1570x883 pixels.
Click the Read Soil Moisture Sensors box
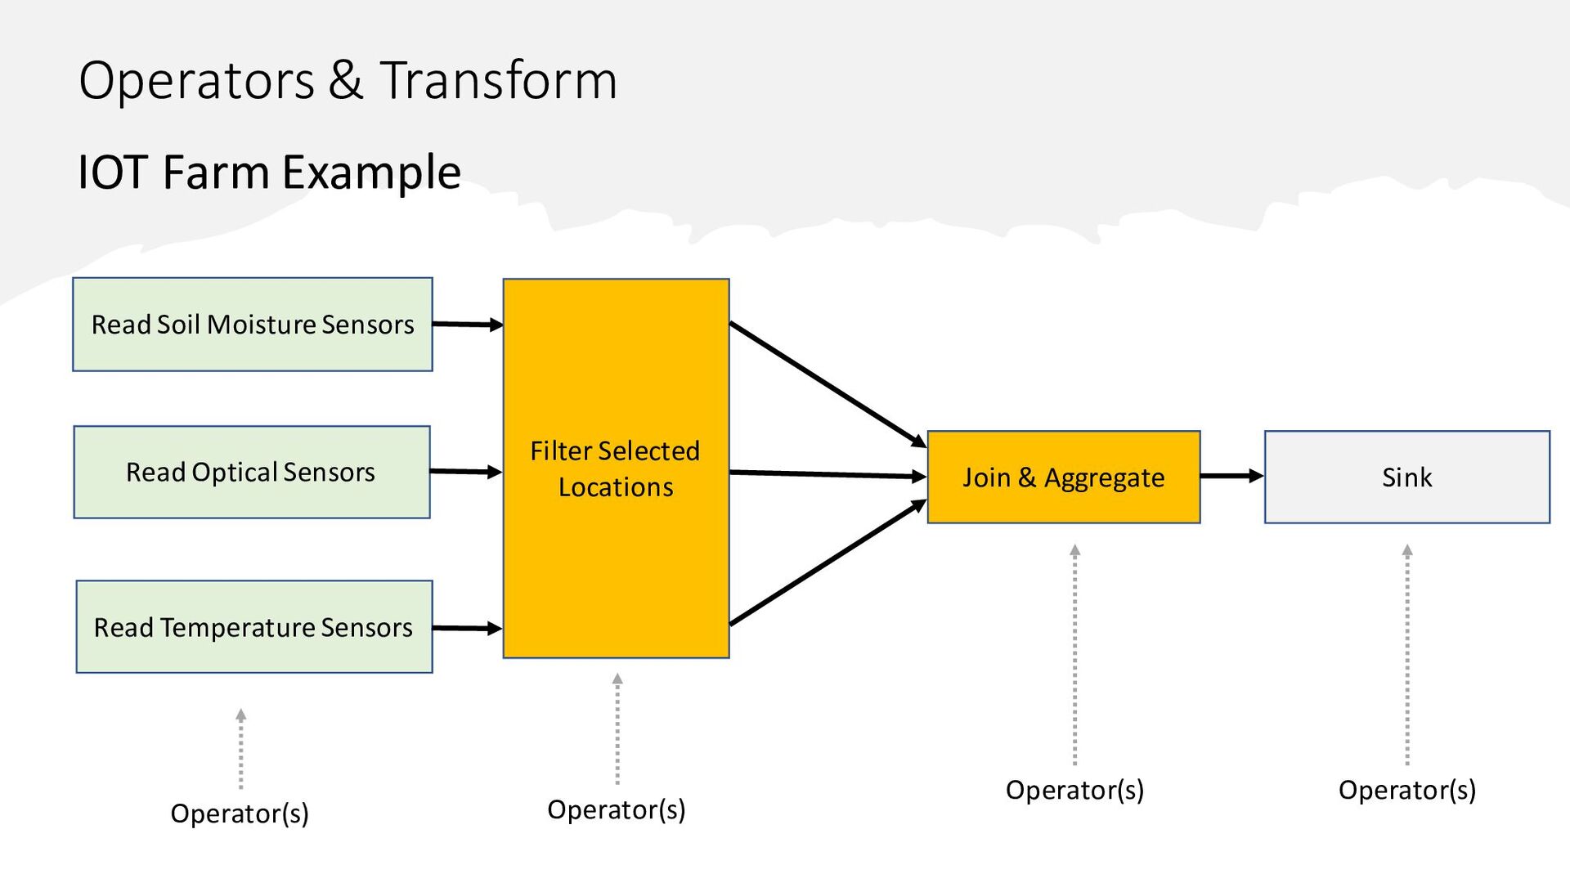coord(253,325)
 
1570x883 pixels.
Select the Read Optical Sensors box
coord(252,472)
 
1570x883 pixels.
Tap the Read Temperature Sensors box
coord(254,627)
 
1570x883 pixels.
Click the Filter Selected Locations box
coord(616,468)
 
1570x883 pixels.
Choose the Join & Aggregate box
coord(1064,477)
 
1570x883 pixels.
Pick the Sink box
coord(1407,477)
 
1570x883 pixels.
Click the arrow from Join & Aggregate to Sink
coord(1232,476)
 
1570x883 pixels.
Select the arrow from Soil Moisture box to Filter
coord(468,325)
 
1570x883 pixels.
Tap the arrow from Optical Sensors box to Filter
coord(466,472)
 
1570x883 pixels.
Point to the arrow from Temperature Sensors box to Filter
coord(468,628)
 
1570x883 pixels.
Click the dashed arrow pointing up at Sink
coord(1407,655)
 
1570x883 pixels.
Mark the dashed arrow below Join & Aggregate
coord(1075,655)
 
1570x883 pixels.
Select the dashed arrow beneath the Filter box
coord(617,728)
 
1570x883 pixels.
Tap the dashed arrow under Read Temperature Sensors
coord(241,749)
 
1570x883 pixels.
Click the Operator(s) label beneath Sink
coord(1407,790)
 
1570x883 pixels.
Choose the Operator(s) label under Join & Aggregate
coord(1074,790)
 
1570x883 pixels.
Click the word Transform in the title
coord(499,80)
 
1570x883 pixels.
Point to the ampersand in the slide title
coord(347,81)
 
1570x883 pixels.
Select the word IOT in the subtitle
coord(113,173)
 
